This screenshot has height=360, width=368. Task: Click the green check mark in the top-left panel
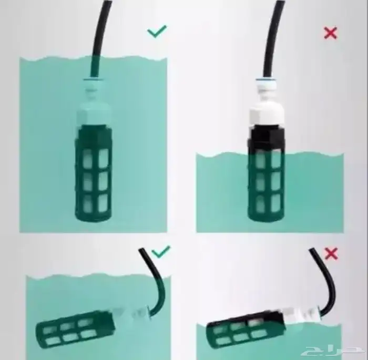coord(157,32)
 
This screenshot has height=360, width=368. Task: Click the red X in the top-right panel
coord(330,33)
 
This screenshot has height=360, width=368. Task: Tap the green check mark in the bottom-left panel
coord(161,253)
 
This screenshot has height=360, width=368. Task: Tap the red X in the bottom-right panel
coord(331,254)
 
